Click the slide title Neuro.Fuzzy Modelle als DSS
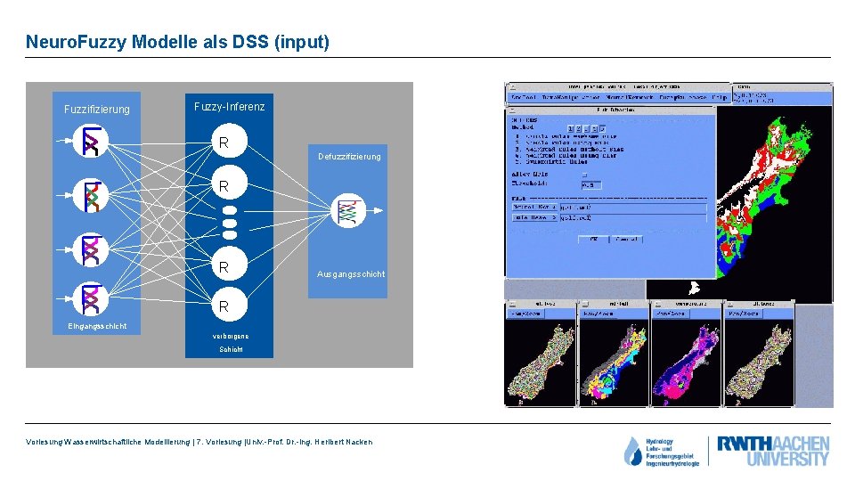[x=177, y=42]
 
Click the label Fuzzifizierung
[x=96, y=110]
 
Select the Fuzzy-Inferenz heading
[x=229, y=107]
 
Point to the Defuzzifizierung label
[x=348, y=157]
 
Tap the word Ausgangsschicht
[x=351, y=274]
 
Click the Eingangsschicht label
[x=97, y=326]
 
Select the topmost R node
[x=224, y=143]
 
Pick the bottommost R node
[x=224, y=306]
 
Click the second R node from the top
[x=224, y=186]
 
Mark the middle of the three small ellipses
[x=229, y=223]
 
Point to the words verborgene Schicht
[x=230, y=343]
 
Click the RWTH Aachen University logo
[x=773, y=451]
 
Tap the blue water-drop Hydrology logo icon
[x=632, y=452]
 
